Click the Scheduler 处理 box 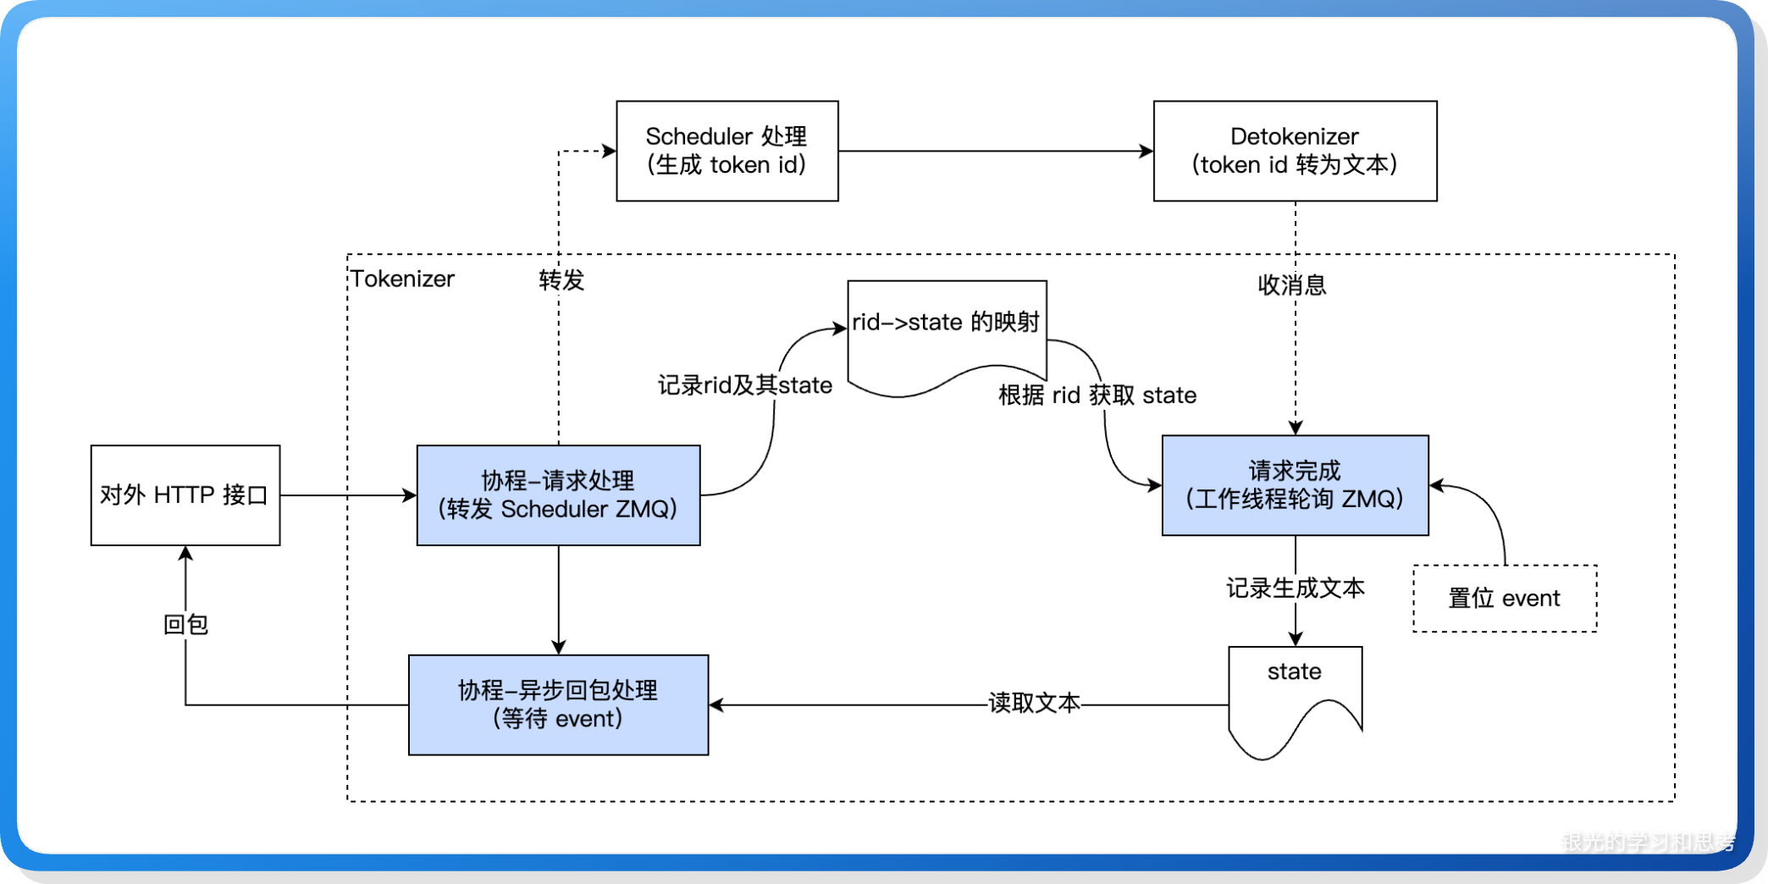coord(727,151)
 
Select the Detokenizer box coord(1294,151)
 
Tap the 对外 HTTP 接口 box coord(185,494)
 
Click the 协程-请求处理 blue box coord(558,494)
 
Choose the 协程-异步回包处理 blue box coord(558,704)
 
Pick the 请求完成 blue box coord(1294,485)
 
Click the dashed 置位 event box coord(1504,598)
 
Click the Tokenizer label coord(403,279)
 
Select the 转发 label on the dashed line coord(561,279)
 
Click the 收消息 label coord(1291,285)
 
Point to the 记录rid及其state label coord(744,385)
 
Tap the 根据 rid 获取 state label coord(1097,395)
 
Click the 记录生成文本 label coord(1295,588)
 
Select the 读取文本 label coord(1033,703)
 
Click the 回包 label coord(185,624)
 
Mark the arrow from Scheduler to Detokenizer coord(995,151)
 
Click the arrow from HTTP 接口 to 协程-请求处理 coord(347,494)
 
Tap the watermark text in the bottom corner coord(1647,842)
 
